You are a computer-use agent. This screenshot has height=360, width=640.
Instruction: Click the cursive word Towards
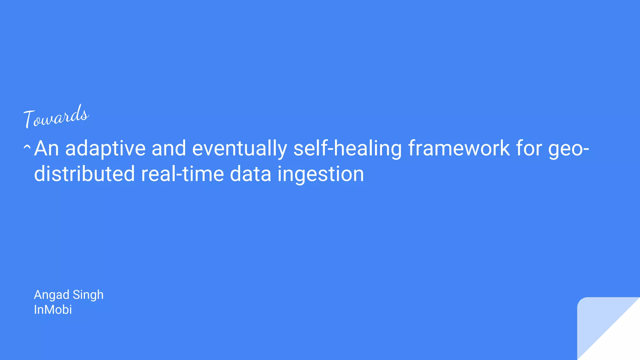point(56,117)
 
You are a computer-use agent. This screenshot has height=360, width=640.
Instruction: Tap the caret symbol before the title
point(27,146)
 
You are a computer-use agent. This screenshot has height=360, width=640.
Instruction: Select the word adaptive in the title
point(105,149)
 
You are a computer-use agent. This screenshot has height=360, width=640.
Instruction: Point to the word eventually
point(239,149)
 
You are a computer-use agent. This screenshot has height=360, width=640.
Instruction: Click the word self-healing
point(347,149)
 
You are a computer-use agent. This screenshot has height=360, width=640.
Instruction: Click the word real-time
point(182,174)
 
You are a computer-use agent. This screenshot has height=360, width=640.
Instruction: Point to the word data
point(250,174)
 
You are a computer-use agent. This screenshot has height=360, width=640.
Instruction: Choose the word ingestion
point(321,174)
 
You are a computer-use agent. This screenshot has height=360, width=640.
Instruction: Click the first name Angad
point(52,295)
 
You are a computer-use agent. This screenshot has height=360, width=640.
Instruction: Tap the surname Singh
point(88,295)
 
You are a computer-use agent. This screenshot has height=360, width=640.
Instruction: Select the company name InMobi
point(53,310)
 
